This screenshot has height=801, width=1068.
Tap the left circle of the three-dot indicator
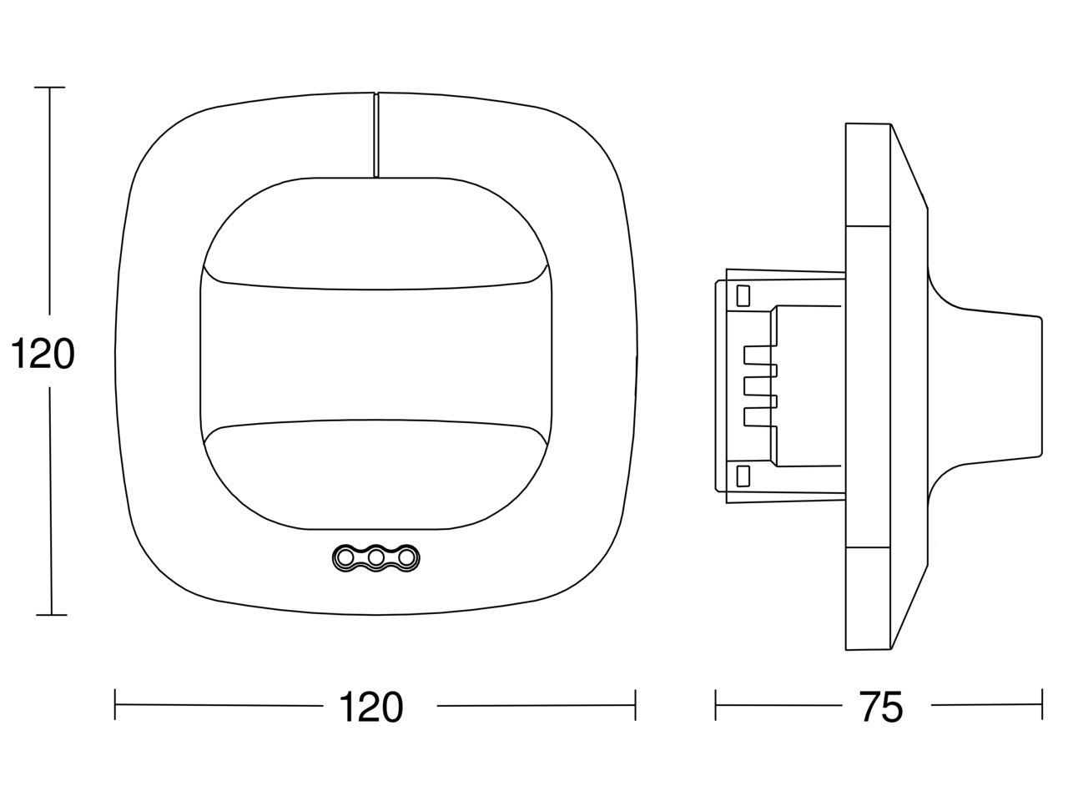(x=345, y=558)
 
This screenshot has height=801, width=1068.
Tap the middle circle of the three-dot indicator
(x=375, y=558)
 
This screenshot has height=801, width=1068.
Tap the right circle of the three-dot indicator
(x=406, y=558)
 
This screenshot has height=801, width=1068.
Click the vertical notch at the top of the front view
(x=375, y=135)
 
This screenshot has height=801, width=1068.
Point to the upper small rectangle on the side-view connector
(x=743, y=295)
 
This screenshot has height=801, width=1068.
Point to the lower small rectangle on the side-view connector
(x=743, y=476)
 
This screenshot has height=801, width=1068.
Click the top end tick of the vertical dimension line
(x=49, y=88)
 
